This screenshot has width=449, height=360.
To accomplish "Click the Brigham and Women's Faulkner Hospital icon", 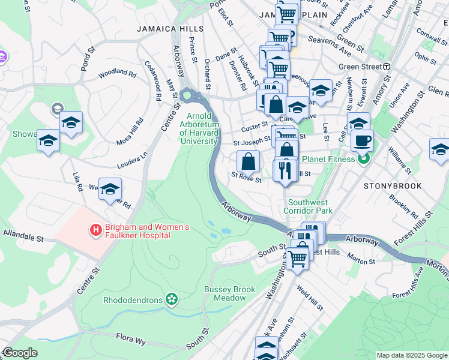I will click(x=95, y=230).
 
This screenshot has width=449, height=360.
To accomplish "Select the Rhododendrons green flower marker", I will click(x=173, y=299).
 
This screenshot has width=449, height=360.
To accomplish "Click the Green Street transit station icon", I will click(x=387, y=67).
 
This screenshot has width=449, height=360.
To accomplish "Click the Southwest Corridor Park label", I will click(x=310, y=206).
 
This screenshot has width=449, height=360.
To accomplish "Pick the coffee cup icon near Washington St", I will click(x=362, y=142).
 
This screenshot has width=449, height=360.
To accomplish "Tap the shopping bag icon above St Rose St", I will click(x=249, y=161).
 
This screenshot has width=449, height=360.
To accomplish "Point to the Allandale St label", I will click(x=23, y=235).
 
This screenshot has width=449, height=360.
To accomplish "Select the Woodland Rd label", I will click(x=117, y=73).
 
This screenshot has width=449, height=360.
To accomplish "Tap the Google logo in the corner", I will click(x=20, y=353).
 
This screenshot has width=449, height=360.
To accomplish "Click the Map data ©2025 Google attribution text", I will click(x=411, y=355).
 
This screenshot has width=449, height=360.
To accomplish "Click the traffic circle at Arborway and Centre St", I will click(x=187, y=94).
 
